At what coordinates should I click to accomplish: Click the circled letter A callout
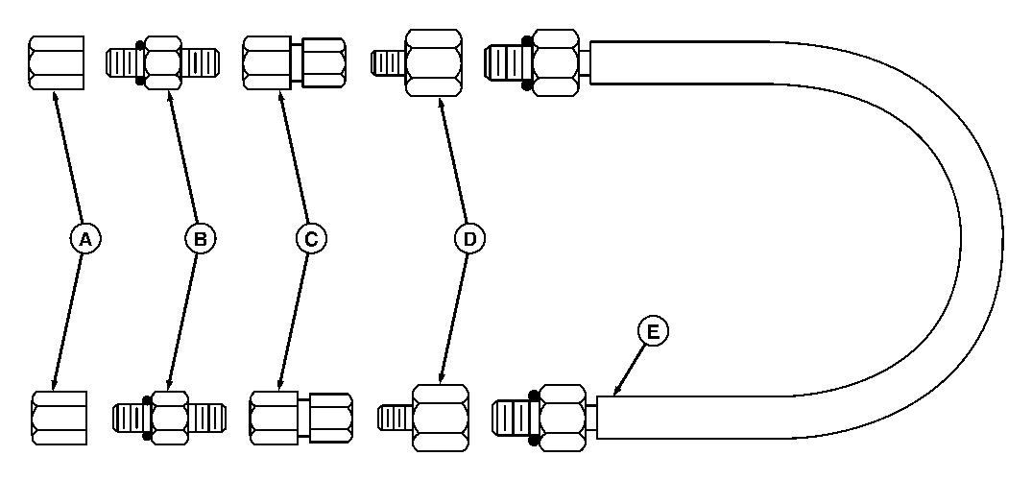tap(85, 239)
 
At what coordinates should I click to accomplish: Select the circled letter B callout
tap(200, 239)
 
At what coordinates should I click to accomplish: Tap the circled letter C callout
tap(310, 239)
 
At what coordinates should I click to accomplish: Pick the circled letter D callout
tap(469, 239)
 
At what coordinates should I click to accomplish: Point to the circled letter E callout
tap(654, 332)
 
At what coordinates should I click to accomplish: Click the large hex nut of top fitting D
tap(433, 62)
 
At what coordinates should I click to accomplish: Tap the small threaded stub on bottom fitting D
tap(396, 418)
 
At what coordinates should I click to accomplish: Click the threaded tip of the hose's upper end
tap(503, 62)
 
